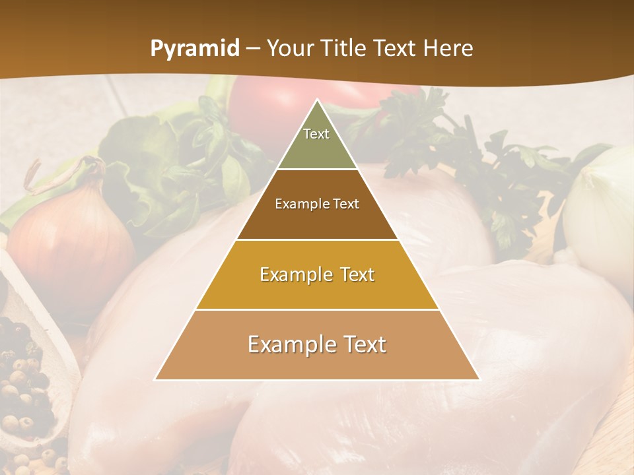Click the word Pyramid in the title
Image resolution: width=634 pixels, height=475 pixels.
tap(194, 49)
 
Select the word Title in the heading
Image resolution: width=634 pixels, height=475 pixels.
tap(343, 49)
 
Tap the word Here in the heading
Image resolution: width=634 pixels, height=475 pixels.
tap(448, 49)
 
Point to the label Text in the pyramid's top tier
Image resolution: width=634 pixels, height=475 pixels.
tap(316, 134)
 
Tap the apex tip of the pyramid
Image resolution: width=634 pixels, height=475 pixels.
tap(317, 101)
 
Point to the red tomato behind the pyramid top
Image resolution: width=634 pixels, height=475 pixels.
tap(264, 106)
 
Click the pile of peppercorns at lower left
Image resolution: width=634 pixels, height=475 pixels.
tap(23, 383)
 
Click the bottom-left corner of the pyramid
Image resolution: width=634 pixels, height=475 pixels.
tap(156, 379)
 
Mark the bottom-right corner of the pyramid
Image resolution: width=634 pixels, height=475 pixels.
tap(479, 379)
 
